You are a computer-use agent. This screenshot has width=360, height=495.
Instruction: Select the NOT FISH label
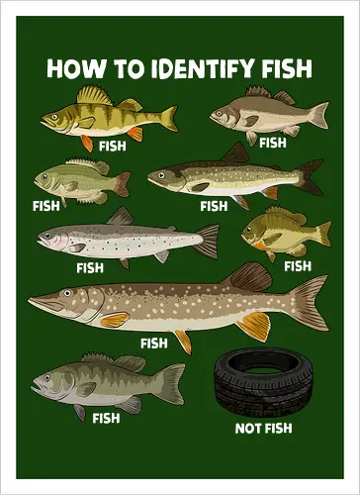coord(262,428)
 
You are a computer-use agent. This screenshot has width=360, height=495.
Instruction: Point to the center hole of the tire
coord(264,371)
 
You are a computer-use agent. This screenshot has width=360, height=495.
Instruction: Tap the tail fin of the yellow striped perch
coord(168,119)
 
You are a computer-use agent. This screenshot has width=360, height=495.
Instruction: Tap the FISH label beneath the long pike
coord(154,344)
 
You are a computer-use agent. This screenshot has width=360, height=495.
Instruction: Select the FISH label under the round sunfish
coord(297,265)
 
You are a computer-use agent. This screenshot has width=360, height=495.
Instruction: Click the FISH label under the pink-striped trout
coord(90,267)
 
